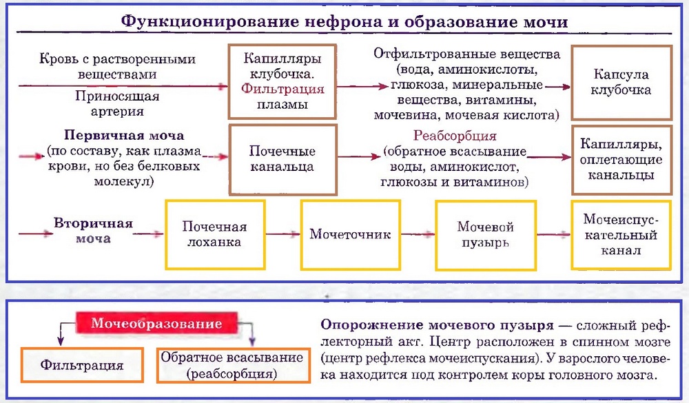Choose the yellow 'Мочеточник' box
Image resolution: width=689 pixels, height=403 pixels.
click(350, 234)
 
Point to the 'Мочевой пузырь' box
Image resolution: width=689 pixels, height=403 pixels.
click(486, 234)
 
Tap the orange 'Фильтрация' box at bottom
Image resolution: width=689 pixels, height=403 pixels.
click(82, 365)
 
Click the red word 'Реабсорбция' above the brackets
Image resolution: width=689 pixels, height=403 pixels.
click(455, 136)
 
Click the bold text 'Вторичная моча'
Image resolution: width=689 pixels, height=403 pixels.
click(92, 231)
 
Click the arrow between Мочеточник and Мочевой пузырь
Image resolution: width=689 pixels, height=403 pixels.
click(418, 234)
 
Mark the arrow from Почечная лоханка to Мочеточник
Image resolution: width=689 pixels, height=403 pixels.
click(282, 234)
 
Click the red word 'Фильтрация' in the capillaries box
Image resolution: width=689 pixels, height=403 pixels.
click(282, 90)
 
